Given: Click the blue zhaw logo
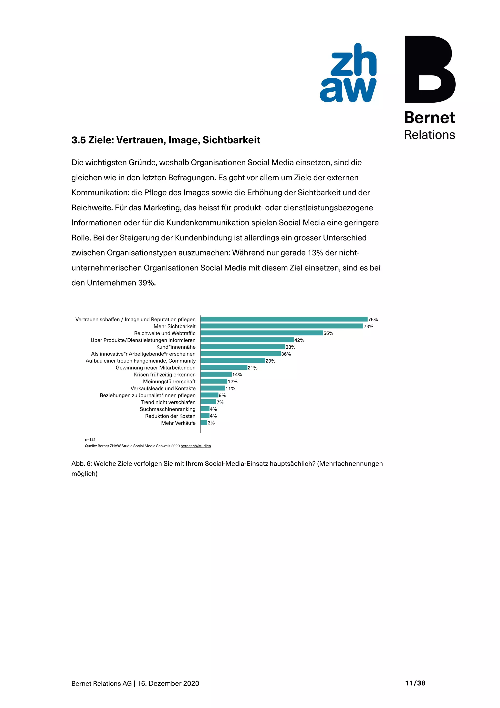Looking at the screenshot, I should (348, 73).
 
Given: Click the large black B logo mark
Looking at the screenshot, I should (429, 69).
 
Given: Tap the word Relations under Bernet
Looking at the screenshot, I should (429, 135).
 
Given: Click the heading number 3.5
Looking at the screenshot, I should (79, 140).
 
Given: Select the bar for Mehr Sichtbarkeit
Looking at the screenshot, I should (281, 326).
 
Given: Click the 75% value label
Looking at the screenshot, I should (373, 320).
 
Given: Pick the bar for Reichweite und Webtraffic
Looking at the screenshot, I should (261, 333).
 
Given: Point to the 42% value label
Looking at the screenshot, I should (299, 340).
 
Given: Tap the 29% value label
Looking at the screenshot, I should (270, 361).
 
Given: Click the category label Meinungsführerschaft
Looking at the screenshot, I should (169, 381).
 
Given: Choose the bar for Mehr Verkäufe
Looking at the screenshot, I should (204, 423).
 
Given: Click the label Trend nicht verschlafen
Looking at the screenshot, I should (168, 402).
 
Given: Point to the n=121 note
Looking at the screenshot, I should (90, 440).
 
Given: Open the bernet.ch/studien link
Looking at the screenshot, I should (196, 446).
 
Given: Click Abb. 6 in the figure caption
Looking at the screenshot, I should (81, 464).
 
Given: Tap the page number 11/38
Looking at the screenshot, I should (415, 683).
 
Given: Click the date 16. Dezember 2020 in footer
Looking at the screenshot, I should (168, 684).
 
